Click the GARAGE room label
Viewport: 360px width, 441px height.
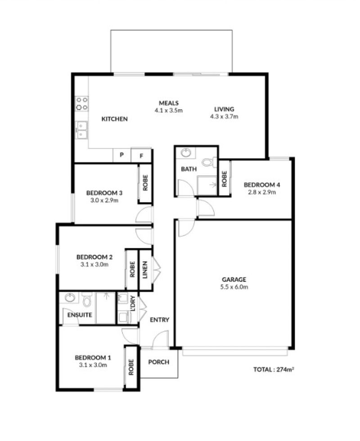coord(234,280)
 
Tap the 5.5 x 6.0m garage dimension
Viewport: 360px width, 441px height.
coord(234,287)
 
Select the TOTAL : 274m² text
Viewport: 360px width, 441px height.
coord(274,369)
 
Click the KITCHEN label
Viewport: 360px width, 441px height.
coord(115,119)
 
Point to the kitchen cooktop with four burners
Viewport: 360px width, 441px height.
coord(82,103)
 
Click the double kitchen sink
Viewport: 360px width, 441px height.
coord(82,130)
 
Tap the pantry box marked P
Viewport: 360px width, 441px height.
coord(122,155)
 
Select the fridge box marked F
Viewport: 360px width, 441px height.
coord(141,156)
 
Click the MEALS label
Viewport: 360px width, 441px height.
coord(169,103)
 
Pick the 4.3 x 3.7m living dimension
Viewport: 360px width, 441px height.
coord(224,116)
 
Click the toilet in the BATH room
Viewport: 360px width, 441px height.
coord(209,162)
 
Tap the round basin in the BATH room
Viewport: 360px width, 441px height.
coord(186,153)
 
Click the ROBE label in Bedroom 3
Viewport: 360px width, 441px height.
coord(145,183)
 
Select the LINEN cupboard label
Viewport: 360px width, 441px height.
coord(145,270)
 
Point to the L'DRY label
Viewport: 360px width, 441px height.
coord(133,303)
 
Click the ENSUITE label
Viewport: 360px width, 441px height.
coord(80,315)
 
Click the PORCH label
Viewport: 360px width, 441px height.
coord(159,362)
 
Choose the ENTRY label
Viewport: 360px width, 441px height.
coord(160,320)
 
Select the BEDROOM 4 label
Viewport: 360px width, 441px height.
coord(262,185)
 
